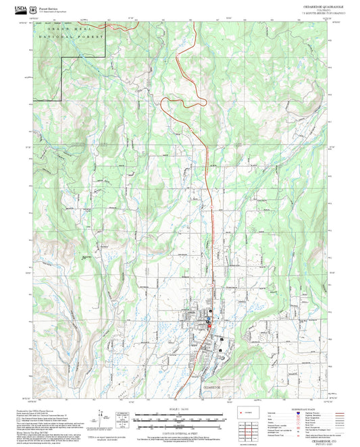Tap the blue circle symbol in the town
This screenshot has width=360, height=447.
pos(209,319)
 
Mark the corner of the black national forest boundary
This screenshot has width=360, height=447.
pos(62,58)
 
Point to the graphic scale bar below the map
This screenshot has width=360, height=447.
pos(180,420)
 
